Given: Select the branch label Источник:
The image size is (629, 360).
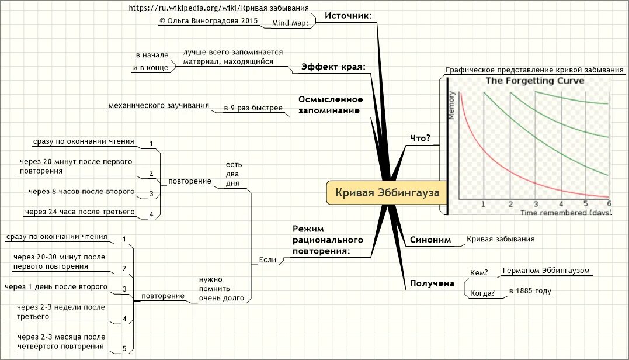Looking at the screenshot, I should [x=348, y=16].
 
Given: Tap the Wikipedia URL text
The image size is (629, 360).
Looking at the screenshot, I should [x=218, y=8].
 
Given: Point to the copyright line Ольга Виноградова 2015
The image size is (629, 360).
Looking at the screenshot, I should [x=208, y=20].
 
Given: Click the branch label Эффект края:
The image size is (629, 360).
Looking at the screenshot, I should [x=333, y=67].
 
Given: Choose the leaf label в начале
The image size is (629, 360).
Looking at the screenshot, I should [x=152, y=55].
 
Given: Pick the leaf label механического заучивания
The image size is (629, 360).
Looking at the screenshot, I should [x=158, y=106].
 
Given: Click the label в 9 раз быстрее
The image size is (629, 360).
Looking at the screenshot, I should [x=253, y=108].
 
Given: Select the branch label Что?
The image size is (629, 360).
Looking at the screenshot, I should [x=421, y=139].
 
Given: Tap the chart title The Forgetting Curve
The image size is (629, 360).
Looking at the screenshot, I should [x=535, y=81].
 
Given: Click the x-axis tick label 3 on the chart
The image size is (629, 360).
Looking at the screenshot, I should [x=535, y=204].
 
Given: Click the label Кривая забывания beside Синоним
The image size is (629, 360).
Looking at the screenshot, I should [x=501, y=238].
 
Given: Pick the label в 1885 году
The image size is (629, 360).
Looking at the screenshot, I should [x=530, y=290].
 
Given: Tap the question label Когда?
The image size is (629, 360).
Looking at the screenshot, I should [x=482, y=293].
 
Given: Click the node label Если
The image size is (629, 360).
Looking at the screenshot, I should [x=267, y=259].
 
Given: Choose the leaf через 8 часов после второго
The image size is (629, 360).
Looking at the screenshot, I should [x=81, y=191].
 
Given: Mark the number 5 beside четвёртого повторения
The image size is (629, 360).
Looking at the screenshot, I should [x=124, y=349].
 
